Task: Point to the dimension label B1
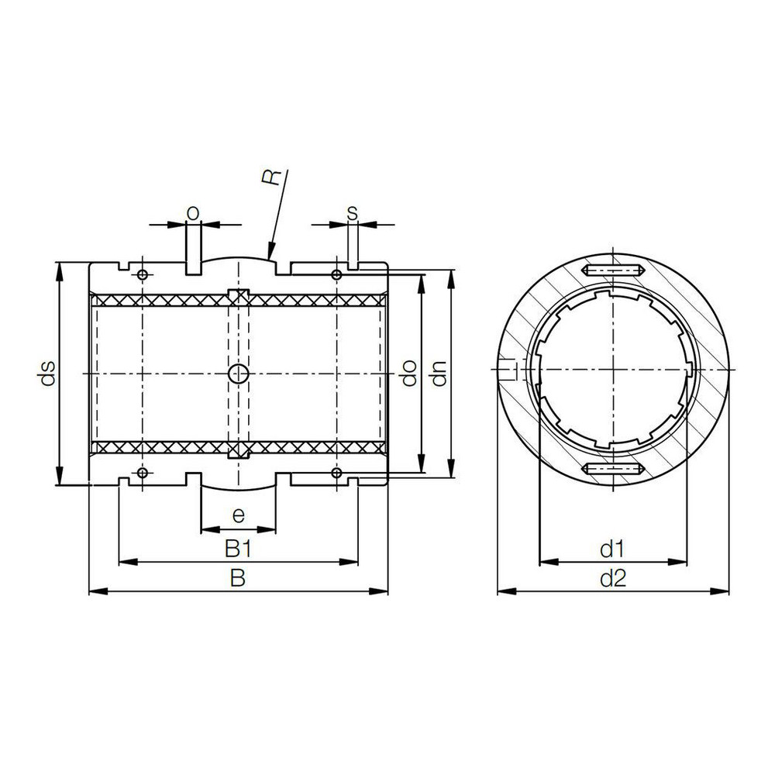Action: (x=238, y=549)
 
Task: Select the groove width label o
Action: (x=193, y=212)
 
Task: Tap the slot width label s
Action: (x=353, y=212)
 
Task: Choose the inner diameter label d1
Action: (x=612, y=549)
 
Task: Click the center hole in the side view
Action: (x=238, y=374)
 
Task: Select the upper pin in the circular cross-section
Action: (x=612, y=270)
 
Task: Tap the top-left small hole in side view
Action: (x=142, y=275)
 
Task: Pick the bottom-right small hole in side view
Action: (x=336, y=473)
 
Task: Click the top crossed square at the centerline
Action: (x=238, y=296)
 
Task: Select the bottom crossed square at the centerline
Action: (x=238, y=450)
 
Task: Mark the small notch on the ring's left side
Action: (x=508, y=370)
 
